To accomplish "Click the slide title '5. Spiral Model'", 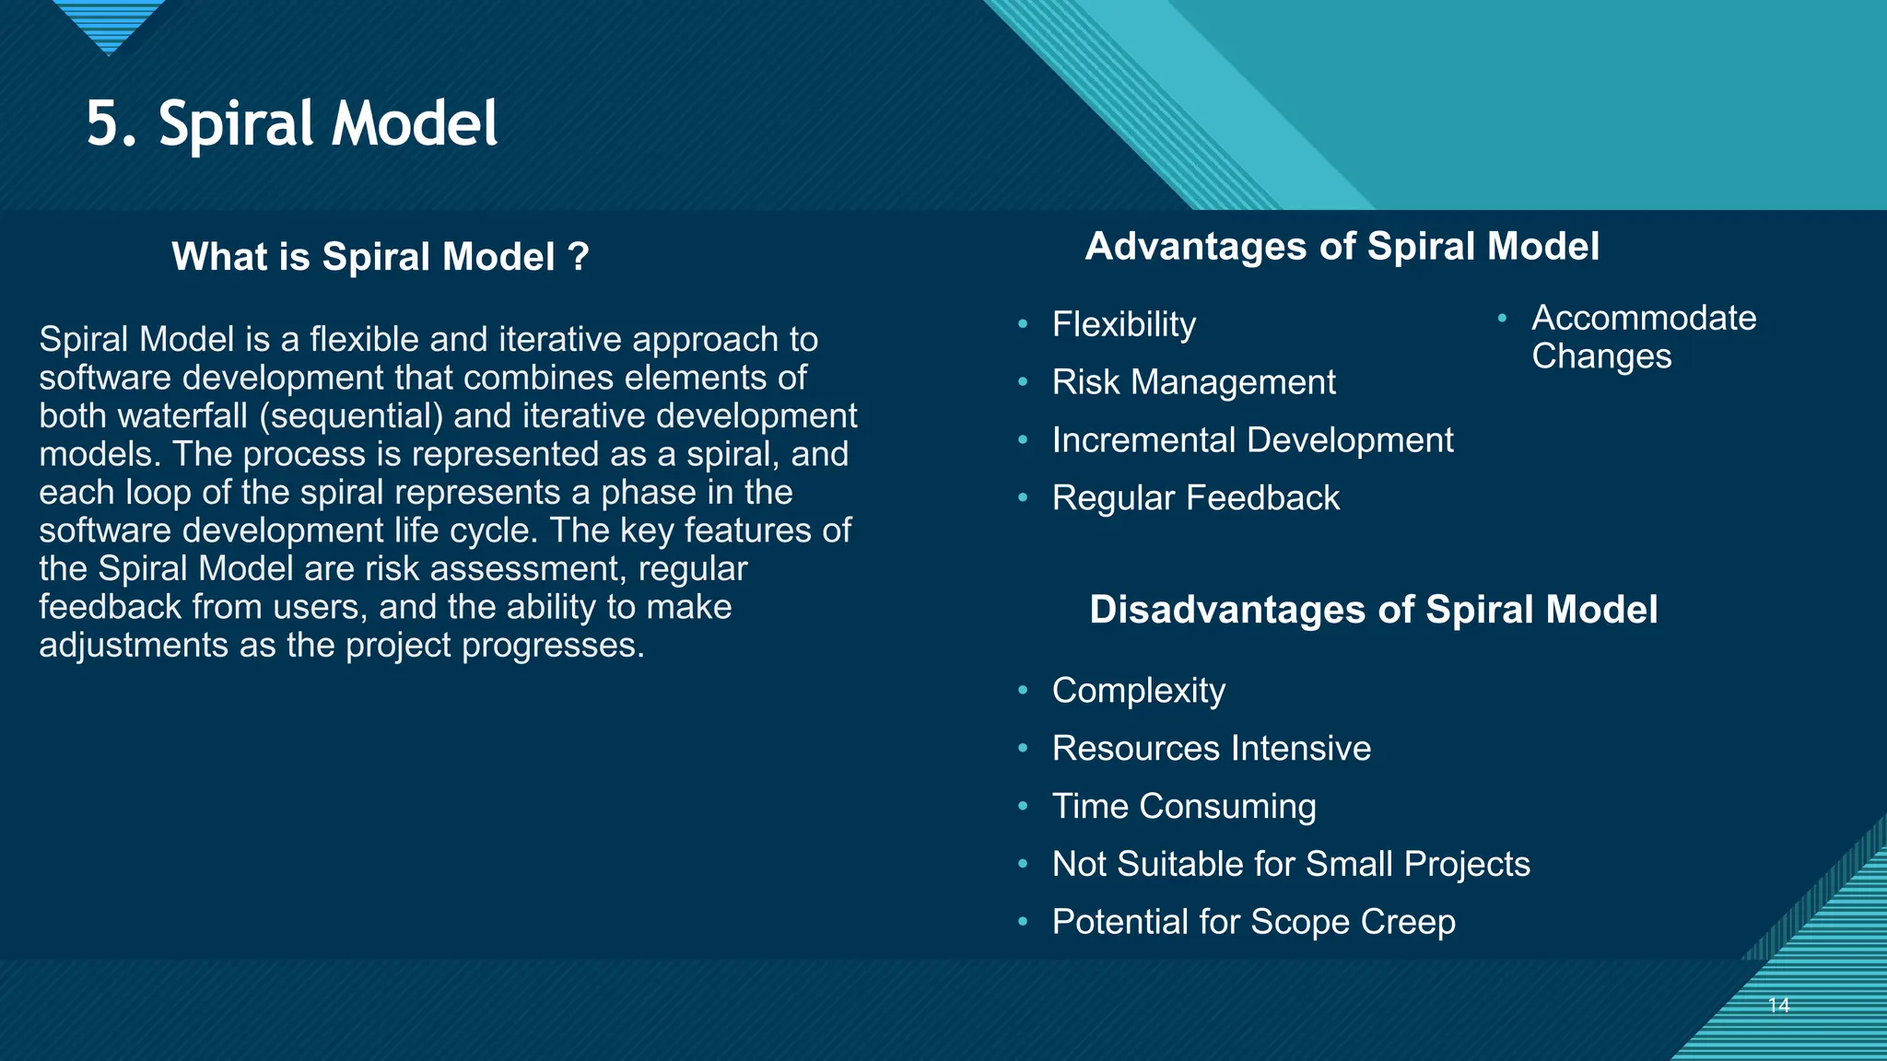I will tap(292, 124).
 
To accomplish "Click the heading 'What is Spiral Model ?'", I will tap(380, 257).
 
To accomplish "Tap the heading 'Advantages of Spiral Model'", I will tap(1342, 247).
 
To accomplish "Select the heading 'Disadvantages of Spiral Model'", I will tap(1373, 610).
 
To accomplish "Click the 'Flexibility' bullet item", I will tap(1123, 324).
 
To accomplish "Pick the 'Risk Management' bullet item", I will tap(1193, 382).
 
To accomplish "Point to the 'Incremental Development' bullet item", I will tap(1252, 440).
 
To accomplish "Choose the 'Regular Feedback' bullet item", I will tap(1195, 498).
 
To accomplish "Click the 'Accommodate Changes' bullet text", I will tap(1643, 337).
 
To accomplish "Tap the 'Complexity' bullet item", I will tap(1138, 691).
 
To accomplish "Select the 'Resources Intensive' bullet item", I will tap(1211, 749).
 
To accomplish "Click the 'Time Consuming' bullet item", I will tap(1183, 807).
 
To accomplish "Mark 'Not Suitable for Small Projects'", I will tap(1290, 865).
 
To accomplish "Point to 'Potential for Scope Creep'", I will tap(1253, 922).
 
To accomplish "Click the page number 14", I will tap(1778, 1006).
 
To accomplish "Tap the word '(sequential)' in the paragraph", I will tap(351, 416).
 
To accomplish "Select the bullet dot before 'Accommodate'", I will tap(1502, 319).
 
